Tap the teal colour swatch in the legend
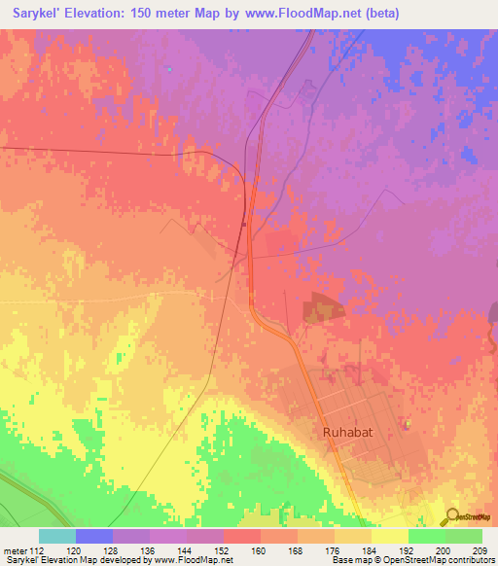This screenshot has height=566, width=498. click(57, 536)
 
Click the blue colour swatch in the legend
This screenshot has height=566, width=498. click(94, 536)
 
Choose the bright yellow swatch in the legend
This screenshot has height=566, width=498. click(390, 536)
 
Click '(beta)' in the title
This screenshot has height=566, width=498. click(377, 14)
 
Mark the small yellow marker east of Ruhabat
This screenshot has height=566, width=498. click(408, 424)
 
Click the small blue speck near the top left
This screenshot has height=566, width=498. click(169, 69)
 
